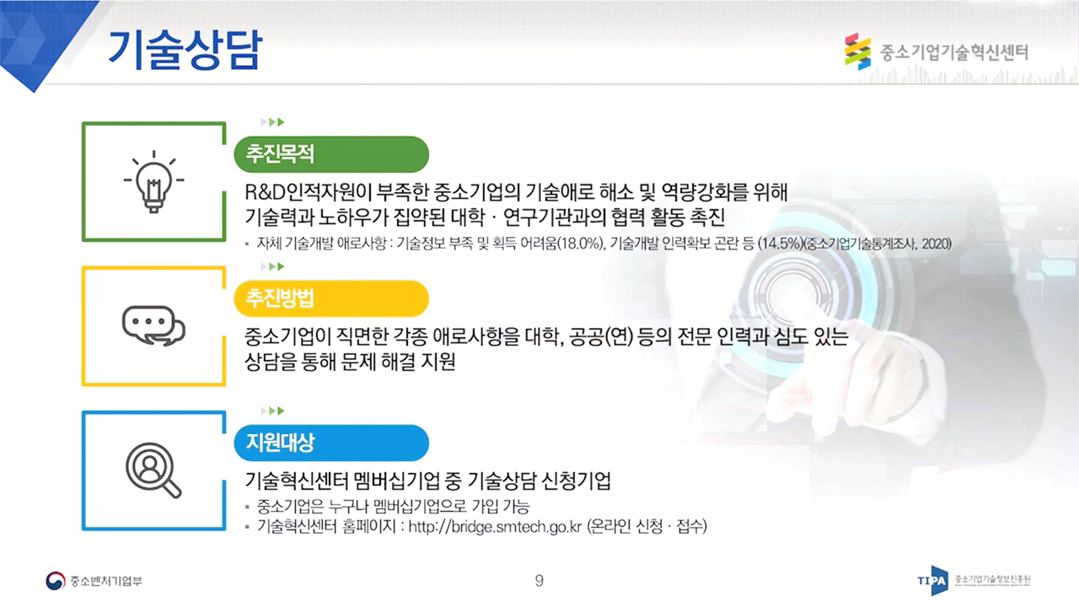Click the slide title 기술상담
point(185,50)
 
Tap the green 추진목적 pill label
point(331,154)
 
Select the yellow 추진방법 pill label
point(331,298)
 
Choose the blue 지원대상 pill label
point(331,443)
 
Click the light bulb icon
point(153,181)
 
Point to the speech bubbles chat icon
point(153,325)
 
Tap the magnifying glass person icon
point(153,470)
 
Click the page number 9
point(539,581)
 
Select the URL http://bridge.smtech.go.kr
point(495,527)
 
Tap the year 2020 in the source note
point(936,244)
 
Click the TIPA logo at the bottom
point(933,581)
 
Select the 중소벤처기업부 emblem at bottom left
point(55,581)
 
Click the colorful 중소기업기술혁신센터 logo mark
point(858,51)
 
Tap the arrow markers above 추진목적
point(272,122)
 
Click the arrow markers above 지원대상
point(272,411)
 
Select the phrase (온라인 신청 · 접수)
point(647,527)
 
